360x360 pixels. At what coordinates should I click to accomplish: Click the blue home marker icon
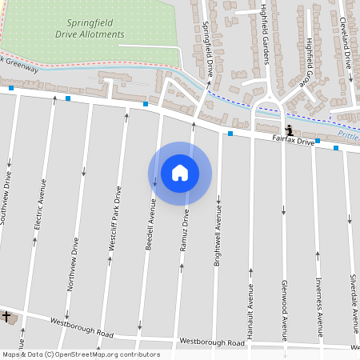pos(180,173)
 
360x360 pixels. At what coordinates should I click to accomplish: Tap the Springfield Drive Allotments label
pos(90,30)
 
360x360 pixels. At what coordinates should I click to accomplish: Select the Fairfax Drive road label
pos(294,141)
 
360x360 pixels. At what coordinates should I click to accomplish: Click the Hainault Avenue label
pos(250,307)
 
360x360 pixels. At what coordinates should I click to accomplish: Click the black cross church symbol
pos(6,317)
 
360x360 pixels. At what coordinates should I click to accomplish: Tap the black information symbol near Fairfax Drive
pos(288,129)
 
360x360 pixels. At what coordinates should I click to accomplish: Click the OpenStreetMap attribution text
pos(81,354)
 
